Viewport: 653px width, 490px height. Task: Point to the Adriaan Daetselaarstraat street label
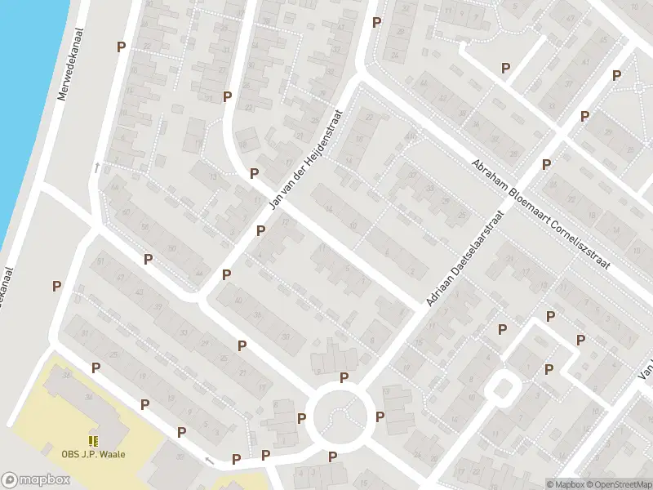click(463, 258)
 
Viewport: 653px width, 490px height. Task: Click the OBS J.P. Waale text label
click(93, 455)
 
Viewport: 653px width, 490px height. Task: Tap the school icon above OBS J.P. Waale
click(93, 441)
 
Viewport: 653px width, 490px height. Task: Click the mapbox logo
click(34, 480)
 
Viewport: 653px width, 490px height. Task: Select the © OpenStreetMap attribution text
click(617, 484)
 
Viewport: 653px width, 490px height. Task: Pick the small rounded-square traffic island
click(501, 389)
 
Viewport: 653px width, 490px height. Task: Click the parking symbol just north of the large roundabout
click(344, 377)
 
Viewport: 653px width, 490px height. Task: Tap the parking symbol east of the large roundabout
click(380, 416)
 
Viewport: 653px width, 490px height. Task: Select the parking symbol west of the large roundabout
click(302, 419)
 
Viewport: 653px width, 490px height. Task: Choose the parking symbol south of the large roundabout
click(332, 457)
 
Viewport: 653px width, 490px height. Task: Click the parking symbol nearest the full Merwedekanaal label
click(122, 47)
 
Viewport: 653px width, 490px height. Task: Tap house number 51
click(101, 261)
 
